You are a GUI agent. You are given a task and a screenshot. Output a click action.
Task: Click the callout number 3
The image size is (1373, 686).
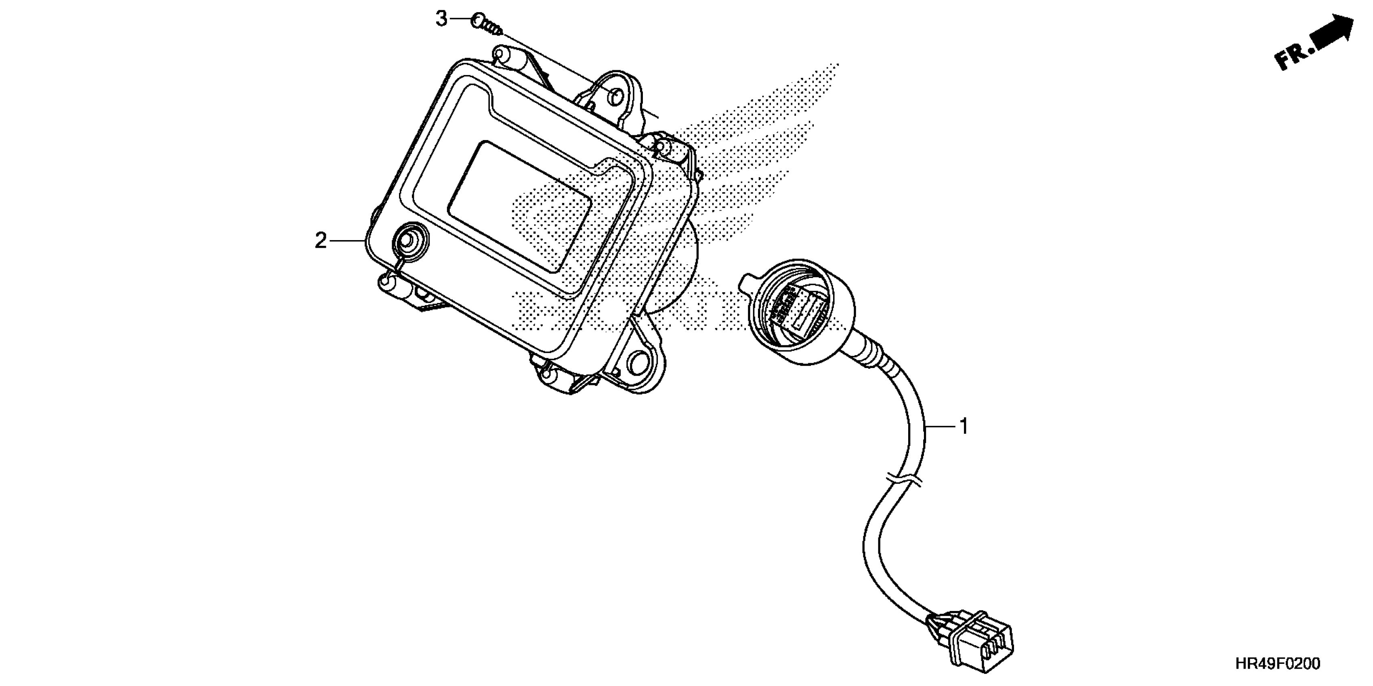pos(441,19)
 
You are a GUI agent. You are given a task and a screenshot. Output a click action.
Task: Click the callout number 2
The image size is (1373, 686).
pos(320,241)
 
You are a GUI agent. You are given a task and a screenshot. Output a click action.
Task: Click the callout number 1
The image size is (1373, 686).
pos(963,426)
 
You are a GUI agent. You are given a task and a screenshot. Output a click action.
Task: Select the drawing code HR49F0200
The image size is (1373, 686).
pos(1278,664)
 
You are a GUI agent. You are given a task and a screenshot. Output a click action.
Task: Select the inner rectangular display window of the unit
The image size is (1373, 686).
pos(520,205)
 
